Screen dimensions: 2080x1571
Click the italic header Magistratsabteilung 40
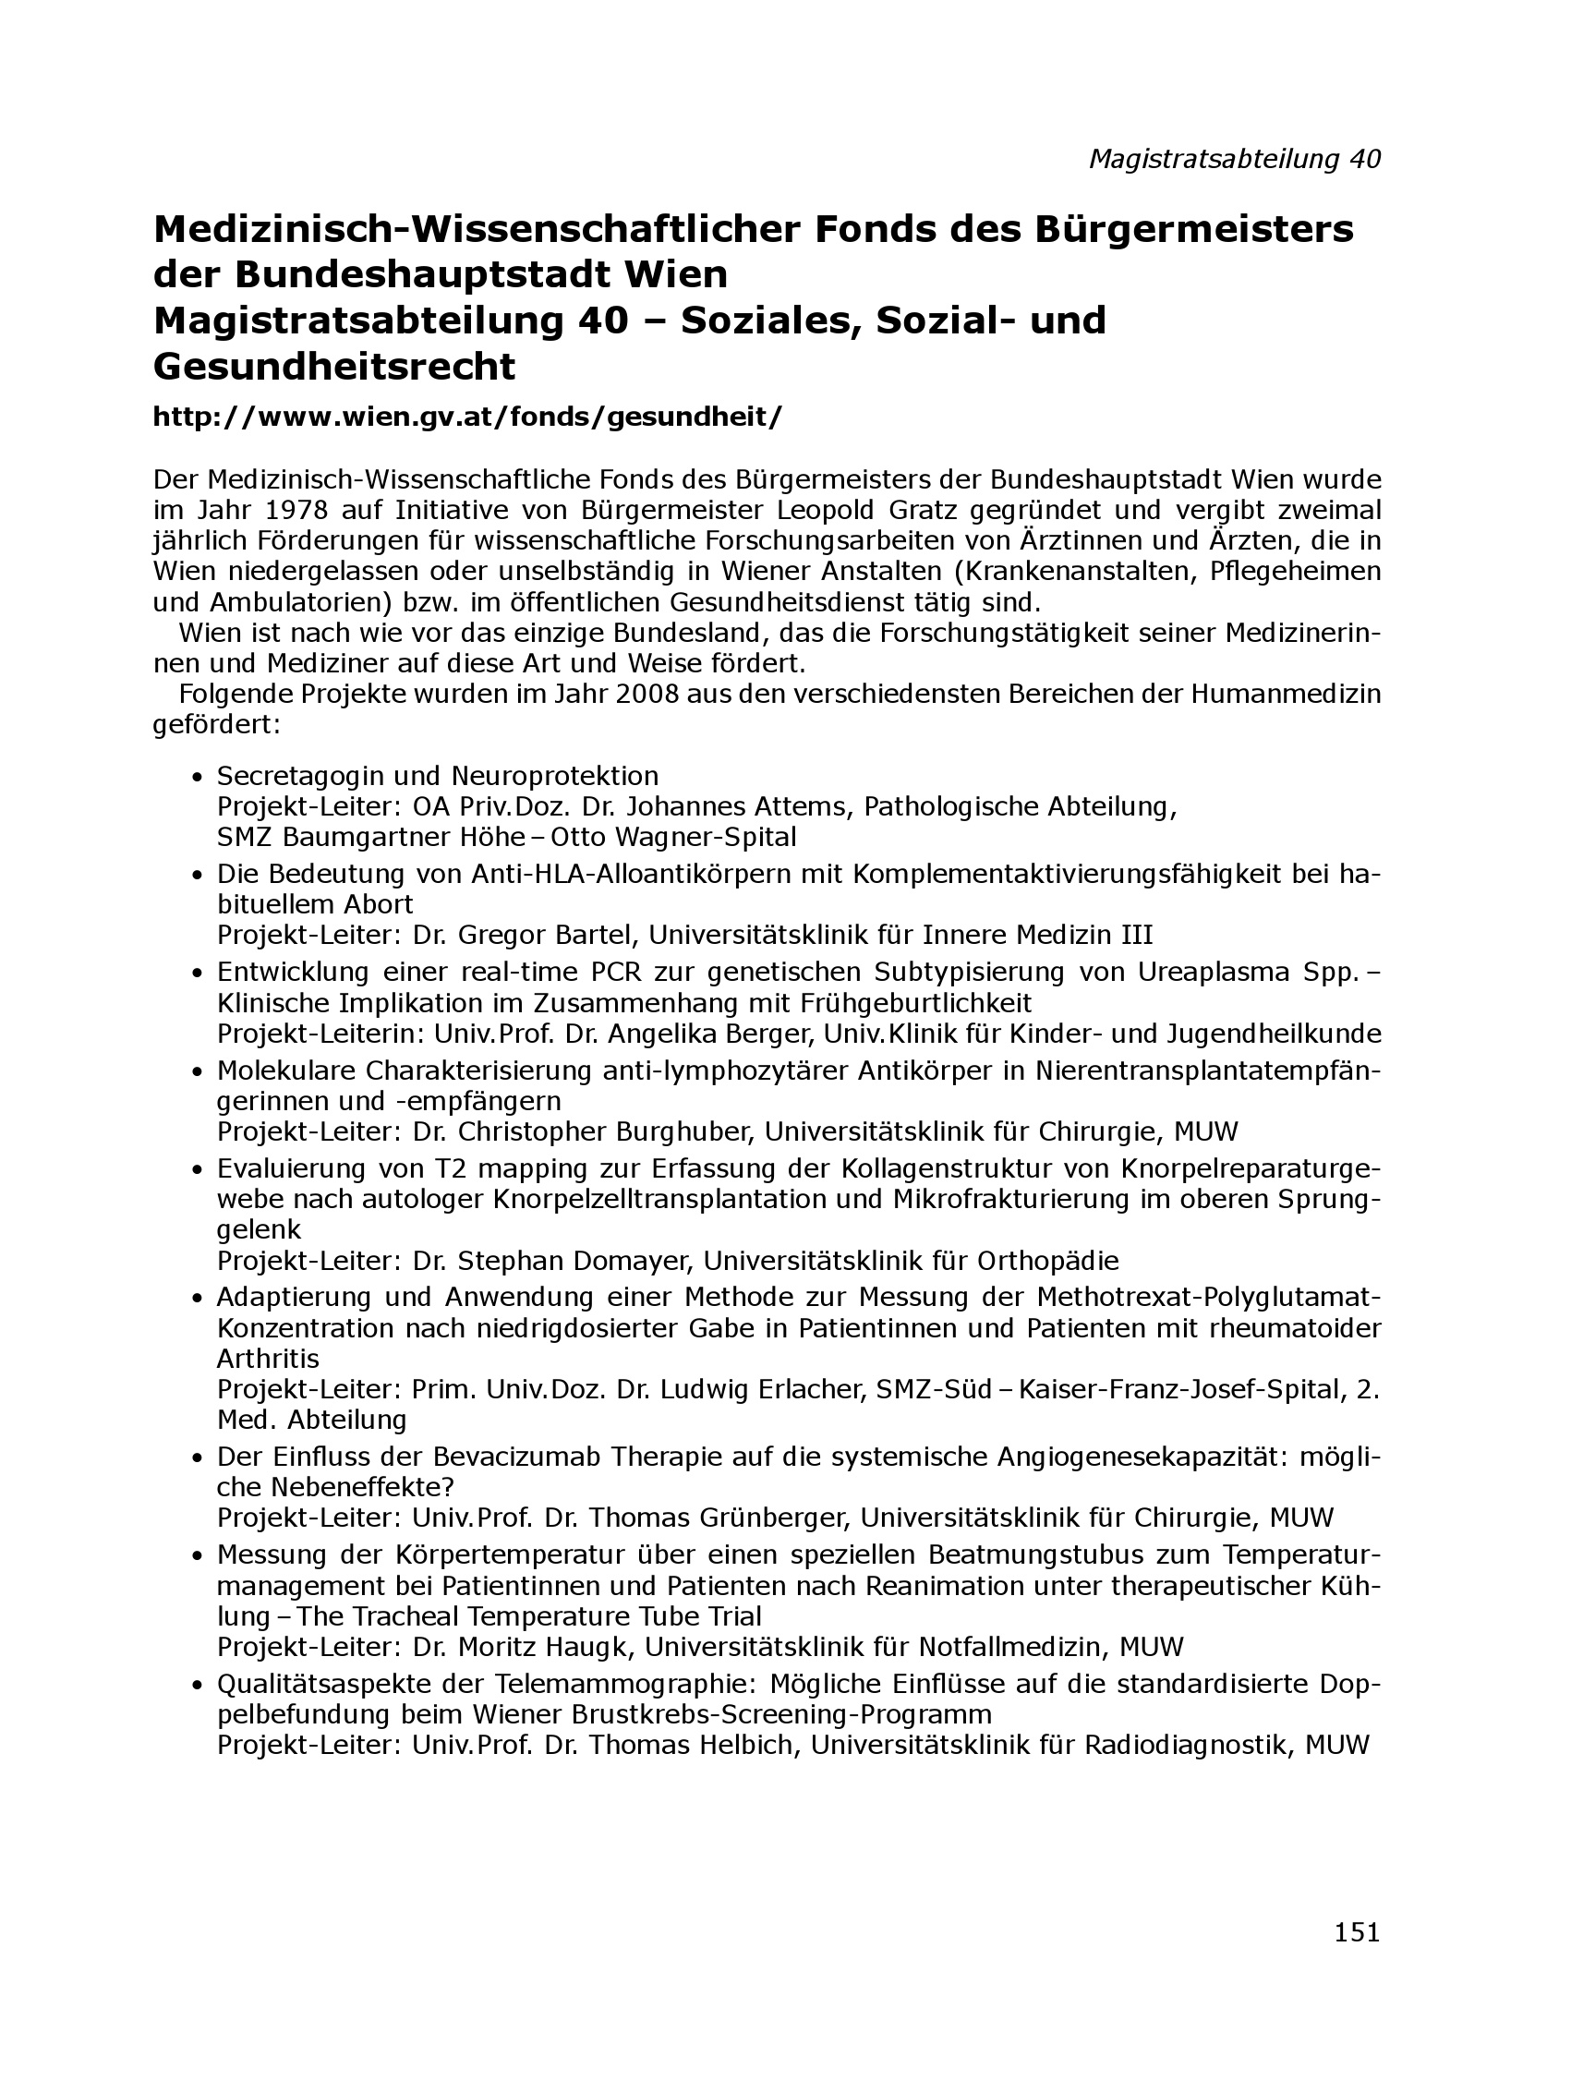[1235, 160]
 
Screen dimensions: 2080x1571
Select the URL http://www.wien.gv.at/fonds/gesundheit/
[467, 417]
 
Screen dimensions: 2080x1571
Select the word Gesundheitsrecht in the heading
[334, 367]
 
